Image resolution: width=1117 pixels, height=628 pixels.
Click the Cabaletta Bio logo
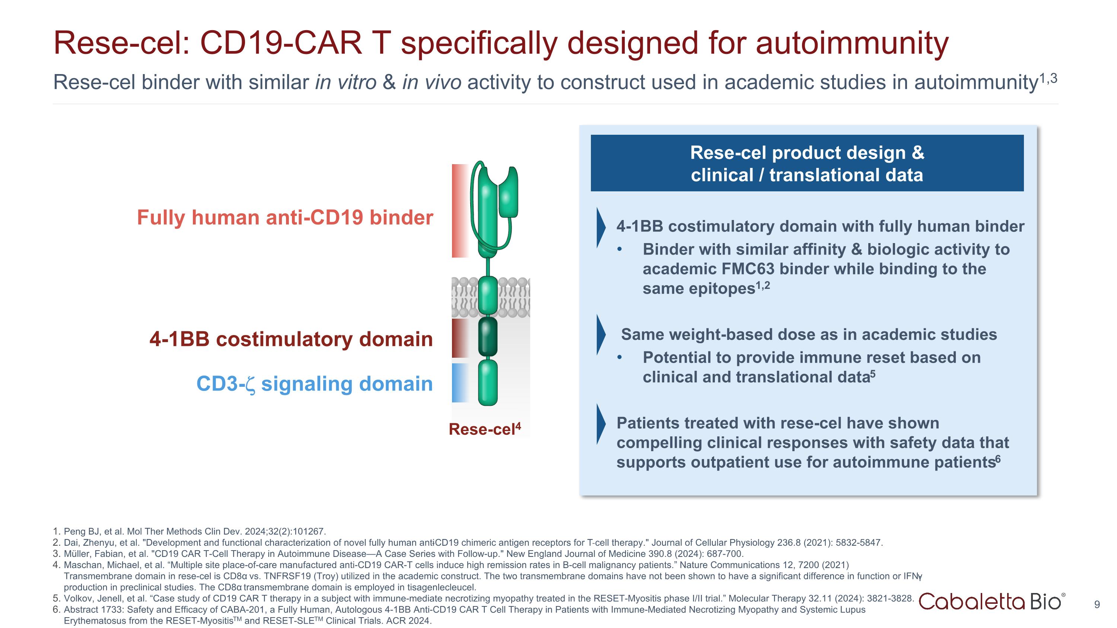coord(991,602)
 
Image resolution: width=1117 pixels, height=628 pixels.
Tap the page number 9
coord(1097,605)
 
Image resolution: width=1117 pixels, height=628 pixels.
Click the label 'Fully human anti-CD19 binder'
coord(285,217)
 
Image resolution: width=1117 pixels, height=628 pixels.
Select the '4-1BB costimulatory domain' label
coord(291,339)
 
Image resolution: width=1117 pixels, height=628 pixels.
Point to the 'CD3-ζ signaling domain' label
coord(314,384)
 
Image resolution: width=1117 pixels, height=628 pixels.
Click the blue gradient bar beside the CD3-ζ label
coord(459,383)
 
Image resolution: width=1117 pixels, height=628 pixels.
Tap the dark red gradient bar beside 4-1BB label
coord(459,338)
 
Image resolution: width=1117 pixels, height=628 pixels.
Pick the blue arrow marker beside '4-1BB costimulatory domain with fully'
coord(601,227)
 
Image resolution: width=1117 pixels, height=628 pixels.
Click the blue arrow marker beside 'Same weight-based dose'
coord(601,335)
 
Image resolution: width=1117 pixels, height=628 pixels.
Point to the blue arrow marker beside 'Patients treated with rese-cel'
coord(601,424)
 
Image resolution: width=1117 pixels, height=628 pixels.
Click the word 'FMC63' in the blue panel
coord(748,269)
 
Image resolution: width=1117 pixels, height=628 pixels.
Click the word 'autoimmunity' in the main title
coord(852,43)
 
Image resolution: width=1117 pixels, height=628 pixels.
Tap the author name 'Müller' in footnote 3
coord(77,554)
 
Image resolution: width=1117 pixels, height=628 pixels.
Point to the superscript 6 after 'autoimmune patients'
coord(998,459)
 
